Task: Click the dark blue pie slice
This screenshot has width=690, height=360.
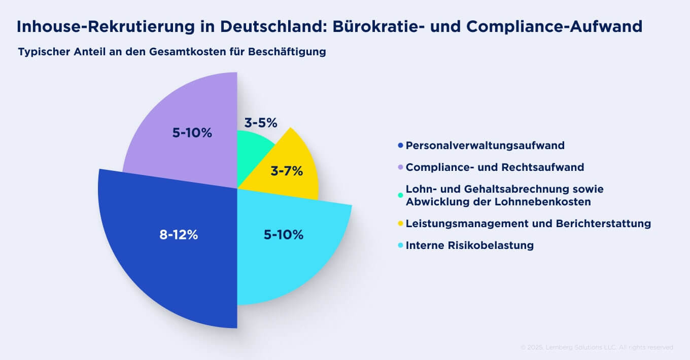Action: (x=167, y=264)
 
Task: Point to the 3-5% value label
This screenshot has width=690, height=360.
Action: (x=261, y=123)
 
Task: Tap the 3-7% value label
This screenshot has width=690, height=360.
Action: (x=287, y=171)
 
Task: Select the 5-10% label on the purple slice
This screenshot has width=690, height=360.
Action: (x=192, y=133)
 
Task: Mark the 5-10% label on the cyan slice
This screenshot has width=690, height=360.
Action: (x=283, y=235)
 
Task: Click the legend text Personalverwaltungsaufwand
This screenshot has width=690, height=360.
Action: (x=485, y=146)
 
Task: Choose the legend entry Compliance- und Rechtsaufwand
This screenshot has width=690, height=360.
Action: (x=495, y=167)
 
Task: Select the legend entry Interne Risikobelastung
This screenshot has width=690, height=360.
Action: (x=469, y=245)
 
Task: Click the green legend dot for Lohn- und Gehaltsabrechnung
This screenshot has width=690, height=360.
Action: (x=401, y=195)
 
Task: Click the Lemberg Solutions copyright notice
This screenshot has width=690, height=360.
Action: (x=597, y=347)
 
